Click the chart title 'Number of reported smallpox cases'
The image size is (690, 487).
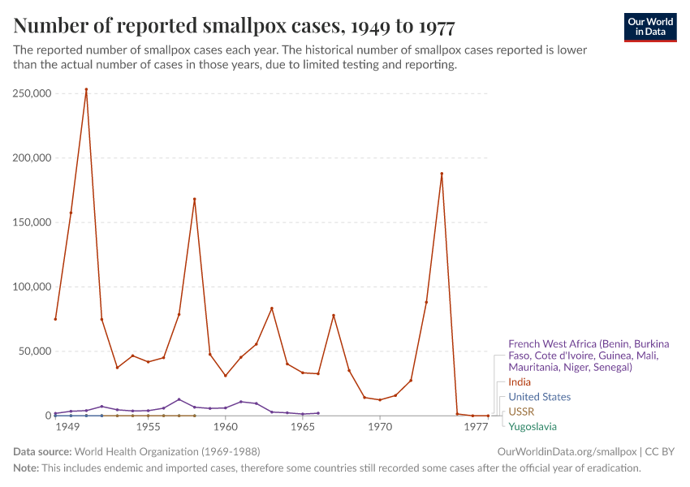(234, 27)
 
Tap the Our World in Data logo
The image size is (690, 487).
(649, 27)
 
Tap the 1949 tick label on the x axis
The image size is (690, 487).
(67, 427)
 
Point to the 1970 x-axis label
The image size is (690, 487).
(379, 427)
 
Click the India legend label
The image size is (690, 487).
(520, 381)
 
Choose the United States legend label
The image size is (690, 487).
(539, 397)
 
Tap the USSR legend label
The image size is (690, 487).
(521, 412)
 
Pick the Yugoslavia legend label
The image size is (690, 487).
(533, 426)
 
